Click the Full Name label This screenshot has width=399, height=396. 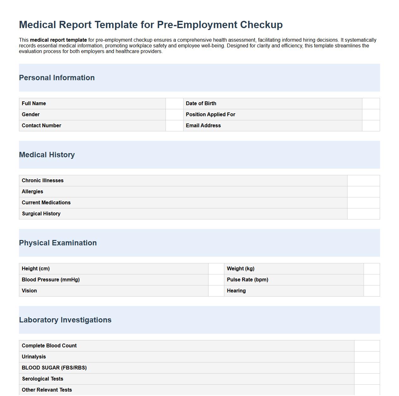pyautogui.click(x=34, y=104)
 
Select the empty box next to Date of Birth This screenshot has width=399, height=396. pyautogui.click(x=371, y=104)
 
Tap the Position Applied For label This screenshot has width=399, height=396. pyautogui.click(x=210, y=115)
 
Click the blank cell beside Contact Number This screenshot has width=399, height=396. pyautogui.click(x=174, y=126)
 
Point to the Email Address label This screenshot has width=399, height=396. pyautogui.click(x=203, y=126)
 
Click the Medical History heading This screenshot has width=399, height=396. pyautogui.click(x=47, y=155)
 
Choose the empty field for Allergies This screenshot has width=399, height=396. pyautogui.click(x=363, y=192)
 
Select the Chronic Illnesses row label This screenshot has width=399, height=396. pyautogui.click(x=43, y=181)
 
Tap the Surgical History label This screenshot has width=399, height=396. pyautogui.click(x=41, y=214)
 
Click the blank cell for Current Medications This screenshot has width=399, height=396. pyautogui.click(x=363, y=203)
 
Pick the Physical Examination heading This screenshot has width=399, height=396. pyautogui.click(x=58, y=243)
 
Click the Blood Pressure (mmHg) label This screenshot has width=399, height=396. pyautogui.click(x=51, y=280)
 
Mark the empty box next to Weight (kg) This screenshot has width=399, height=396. pyautogui.click(x=372, y=269)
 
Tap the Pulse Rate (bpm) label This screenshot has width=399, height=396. pyautogui.click(x=247, y=280)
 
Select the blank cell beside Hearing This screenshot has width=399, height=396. pyautogui.click(x=372, y=291)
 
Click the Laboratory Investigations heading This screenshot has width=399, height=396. pyautogui.click(x=65, y=320)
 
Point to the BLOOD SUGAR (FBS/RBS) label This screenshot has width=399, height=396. pyautogui.click(x=54, y=368)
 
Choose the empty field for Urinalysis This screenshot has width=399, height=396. pyautogui.click(x=367, y=357)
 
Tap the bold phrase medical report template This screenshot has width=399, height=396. pyautogui.click(x=58, y=40)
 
